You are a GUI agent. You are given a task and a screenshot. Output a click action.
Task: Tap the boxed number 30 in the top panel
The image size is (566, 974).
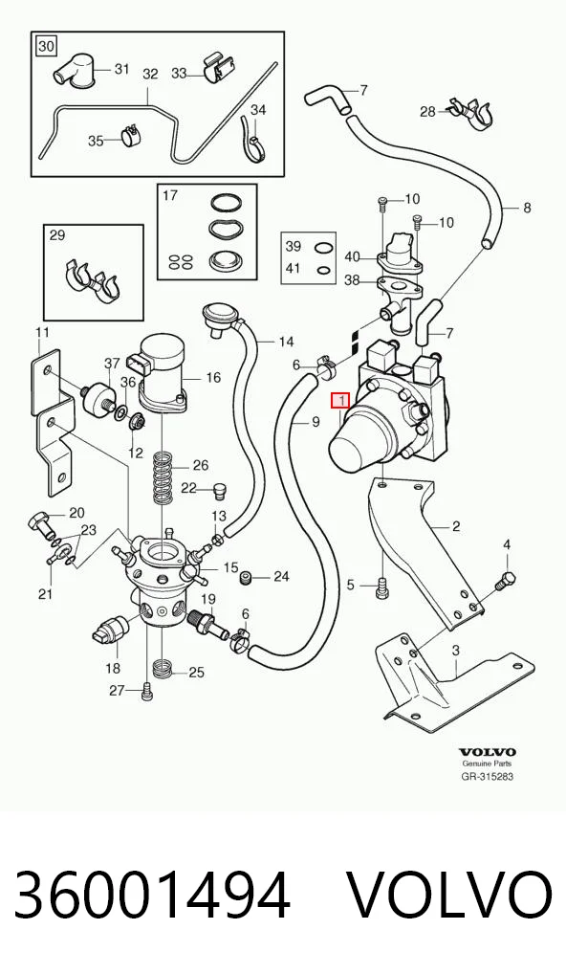pyautogui.click(x=46, y=46)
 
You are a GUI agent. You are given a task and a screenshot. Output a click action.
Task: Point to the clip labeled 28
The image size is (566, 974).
pyautogui.click(x=470, y=113)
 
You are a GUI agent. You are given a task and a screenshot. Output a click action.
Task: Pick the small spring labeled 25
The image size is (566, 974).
pyautogui.click(x=161, y=668)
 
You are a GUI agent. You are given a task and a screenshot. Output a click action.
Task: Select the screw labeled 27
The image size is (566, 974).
pyautogui.click(x=146, y=691)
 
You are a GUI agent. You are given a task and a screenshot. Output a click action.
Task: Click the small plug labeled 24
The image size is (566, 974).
pyautogui.click(x=248, y=577)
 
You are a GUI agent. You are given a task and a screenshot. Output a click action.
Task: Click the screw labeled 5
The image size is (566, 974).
pyautogui.click(x=381, y=588)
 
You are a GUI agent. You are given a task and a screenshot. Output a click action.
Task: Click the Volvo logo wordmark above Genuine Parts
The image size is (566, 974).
pyautogui.click(x=487, y=752)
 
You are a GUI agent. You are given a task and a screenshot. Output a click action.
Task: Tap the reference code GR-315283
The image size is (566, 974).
pyautogui.click(x=488, y=776)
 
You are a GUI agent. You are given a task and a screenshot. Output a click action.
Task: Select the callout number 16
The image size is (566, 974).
pyautogui.click(x=213, y=377)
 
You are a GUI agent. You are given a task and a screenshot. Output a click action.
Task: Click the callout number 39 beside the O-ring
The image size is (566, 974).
pyautogui.click(x=293, y=246)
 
